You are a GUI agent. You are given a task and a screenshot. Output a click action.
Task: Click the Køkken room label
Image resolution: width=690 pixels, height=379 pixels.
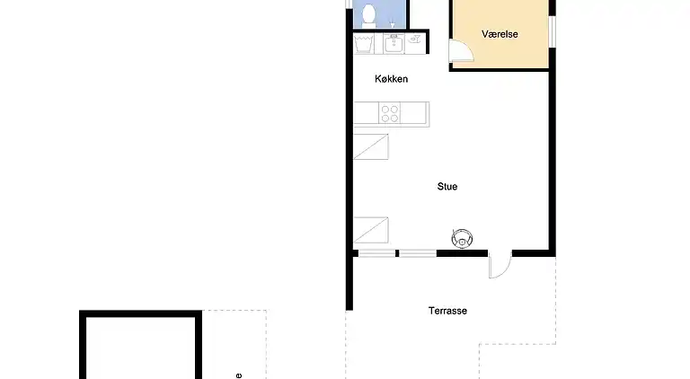click(392, 79)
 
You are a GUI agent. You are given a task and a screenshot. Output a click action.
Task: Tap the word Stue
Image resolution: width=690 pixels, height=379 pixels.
click(447, 187)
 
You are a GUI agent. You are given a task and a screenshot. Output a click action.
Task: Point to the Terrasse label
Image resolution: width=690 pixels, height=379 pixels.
click(447, 311)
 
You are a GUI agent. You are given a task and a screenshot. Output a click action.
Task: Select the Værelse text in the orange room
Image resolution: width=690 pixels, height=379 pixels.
click(500, 34)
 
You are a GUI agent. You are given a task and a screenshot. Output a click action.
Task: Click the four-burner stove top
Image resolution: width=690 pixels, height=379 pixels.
click(390, 113)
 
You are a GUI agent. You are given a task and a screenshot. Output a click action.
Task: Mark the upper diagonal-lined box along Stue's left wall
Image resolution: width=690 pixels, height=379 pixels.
click(371, 146)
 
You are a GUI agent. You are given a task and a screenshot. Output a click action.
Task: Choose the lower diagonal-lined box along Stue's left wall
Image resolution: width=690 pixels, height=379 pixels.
click(371, 230)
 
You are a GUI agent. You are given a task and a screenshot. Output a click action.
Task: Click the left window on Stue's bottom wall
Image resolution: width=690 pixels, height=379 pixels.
click(377, 253)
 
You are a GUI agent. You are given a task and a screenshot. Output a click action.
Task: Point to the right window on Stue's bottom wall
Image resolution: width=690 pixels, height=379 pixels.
click(418, 253)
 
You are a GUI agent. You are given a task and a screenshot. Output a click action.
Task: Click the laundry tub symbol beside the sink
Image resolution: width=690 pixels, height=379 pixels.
click(365, 42)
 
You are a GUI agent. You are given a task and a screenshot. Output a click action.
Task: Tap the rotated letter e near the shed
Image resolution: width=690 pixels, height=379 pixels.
click(238, 375)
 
